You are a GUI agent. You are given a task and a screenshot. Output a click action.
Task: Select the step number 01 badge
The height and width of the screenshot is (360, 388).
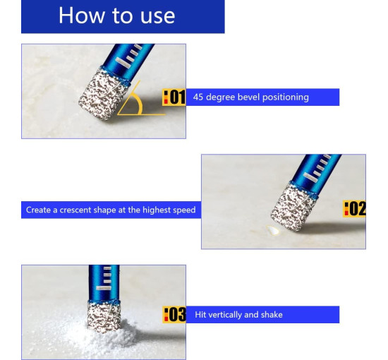174,97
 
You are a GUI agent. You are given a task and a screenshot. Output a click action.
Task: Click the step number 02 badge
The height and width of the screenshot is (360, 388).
354,208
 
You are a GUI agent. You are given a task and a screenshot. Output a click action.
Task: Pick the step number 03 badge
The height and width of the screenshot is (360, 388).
174,314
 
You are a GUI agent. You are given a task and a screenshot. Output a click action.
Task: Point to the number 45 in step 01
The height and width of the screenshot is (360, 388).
198,97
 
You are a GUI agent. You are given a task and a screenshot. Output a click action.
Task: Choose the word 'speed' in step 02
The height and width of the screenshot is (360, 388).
184,210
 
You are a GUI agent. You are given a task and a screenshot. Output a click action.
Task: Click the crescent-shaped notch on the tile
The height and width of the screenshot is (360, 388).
272,230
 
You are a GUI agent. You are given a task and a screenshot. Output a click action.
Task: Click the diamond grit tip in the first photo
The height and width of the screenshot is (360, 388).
104,95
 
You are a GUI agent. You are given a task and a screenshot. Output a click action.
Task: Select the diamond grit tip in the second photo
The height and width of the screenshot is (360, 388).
293,208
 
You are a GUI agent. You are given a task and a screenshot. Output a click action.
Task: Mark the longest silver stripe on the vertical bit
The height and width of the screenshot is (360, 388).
104,288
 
